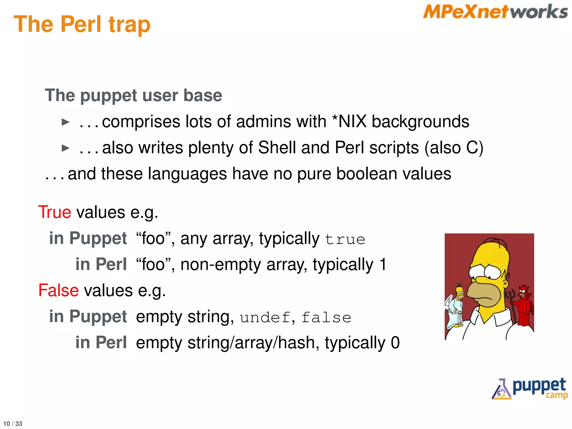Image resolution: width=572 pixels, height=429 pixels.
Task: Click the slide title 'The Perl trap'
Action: [82, 25]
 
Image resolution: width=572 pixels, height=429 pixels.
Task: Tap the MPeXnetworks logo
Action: [495, 12]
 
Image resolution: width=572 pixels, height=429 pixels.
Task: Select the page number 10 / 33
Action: [13, 423]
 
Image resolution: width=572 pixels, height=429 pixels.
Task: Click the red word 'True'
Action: [55, 212]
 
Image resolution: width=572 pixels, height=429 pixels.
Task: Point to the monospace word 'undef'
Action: [265, 318]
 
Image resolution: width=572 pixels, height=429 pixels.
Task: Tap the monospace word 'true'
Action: [345, 240]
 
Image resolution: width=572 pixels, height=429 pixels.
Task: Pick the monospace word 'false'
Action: [326, 318]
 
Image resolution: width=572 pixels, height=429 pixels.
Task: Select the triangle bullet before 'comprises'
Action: [65, 122]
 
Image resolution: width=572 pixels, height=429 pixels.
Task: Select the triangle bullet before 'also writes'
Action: [65, 148]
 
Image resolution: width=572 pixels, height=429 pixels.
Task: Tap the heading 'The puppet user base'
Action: [134, 95]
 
